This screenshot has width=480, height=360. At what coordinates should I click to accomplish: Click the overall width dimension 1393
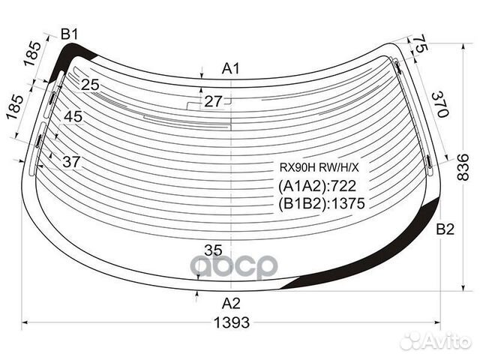232,322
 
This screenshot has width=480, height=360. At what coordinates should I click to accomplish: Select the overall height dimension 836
463,167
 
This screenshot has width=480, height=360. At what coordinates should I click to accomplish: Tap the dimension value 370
440,104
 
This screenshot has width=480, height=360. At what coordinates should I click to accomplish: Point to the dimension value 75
418,43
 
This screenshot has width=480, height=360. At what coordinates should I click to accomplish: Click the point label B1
70,34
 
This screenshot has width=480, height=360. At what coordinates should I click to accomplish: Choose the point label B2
445,229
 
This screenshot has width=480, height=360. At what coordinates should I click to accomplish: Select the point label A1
231,68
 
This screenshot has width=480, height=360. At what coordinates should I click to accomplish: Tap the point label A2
231,303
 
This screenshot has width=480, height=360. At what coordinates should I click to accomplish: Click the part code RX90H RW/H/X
319,167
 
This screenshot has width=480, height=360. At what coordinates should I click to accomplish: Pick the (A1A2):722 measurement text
317,186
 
